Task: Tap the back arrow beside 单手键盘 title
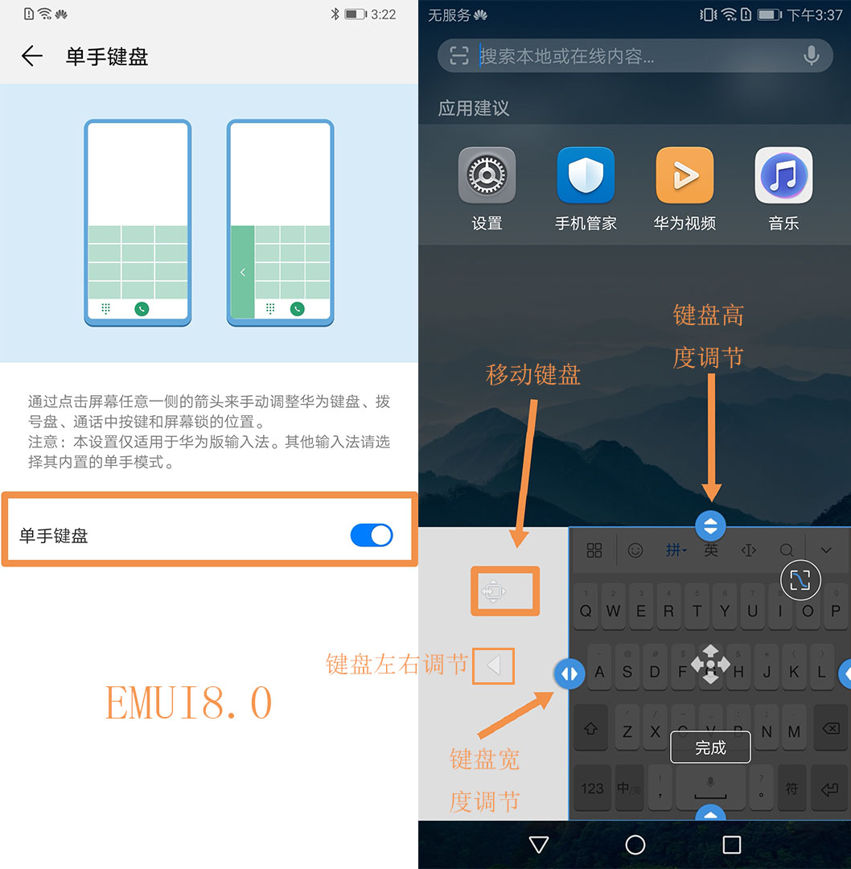coord(32,56)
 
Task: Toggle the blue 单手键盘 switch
coord(372,535)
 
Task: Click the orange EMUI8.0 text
coord(189,702)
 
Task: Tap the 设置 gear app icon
coord(487,175)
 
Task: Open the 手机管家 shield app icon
coord(586,175)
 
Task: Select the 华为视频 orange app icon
coord(684,175)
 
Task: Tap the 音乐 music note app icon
coord(783,175)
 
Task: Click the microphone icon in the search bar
coord(811,56)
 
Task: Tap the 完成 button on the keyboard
coord(710,748)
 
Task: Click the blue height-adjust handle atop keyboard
coord(710,525)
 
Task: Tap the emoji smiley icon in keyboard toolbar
coord(635,550)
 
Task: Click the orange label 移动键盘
coord(533,374)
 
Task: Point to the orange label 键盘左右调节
coord(397,664)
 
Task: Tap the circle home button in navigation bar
coord(635,844)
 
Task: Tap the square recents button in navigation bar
coord(731,844)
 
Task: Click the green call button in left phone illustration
coord(142,308)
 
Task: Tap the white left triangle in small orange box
coord(494,665)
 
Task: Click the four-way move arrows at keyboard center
coord(710,664)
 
